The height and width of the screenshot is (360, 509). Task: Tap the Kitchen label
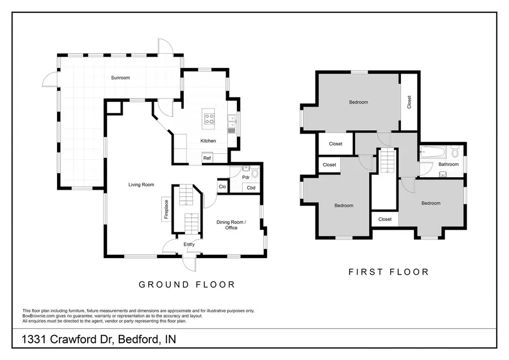208,141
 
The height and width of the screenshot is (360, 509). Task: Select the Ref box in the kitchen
207,158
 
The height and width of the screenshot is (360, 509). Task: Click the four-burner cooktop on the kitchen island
209,119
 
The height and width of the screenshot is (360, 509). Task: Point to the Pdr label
246,177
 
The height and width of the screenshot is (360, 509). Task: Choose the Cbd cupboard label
251,188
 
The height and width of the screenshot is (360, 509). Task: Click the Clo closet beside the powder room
222,186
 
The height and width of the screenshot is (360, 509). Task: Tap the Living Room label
141,185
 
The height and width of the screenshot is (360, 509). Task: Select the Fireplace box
166,209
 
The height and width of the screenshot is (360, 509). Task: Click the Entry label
189,245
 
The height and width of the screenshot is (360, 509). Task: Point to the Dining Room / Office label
231,225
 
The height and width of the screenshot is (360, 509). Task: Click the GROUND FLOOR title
187,285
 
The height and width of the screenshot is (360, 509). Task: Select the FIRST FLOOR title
388,272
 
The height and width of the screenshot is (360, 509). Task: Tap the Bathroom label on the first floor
448,165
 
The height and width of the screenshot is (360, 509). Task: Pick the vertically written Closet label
409,102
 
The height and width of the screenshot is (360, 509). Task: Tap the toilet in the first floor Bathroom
455,153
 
